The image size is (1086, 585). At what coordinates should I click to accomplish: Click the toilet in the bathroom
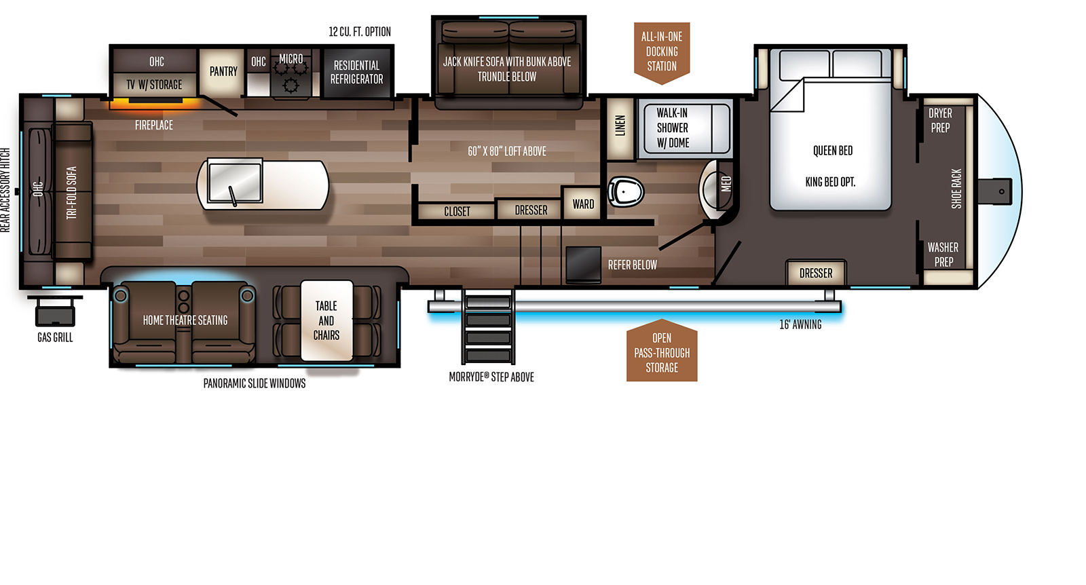click(626, 192)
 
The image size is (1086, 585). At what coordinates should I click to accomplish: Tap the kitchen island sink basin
click(235, 182)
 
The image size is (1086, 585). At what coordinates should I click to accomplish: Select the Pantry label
click(223, 72)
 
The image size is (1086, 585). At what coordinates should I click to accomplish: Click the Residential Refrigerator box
click(357, 72)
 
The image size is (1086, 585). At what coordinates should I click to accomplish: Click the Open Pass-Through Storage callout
click(662, 351)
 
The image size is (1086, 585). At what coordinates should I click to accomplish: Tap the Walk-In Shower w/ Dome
click(684, 128)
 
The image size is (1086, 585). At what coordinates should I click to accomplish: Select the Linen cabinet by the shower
click(620, 129)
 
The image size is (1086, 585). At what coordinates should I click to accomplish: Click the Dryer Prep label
click(940, 120)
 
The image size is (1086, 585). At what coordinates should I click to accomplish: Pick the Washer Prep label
click(943, 254)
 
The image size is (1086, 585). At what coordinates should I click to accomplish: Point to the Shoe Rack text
click(956, 189)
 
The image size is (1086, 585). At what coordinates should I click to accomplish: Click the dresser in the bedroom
click(816, 273)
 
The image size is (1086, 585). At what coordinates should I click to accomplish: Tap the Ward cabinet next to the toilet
click(583, 204)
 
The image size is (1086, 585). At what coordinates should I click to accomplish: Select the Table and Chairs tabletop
click(326, 320)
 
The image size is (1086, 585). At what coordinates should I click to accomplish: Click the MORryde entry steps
click(488, 326)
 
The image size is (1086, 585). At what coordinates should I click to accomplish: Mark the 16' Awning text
click(800, 324)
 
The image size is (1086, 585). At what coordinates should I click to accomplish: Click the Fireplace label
click(153, 125)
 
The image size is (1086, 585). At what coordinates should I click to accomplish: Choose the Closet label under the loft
click(457, 211)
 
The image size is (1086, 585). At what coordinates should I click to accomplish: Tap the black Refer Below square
click(583, 264)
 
